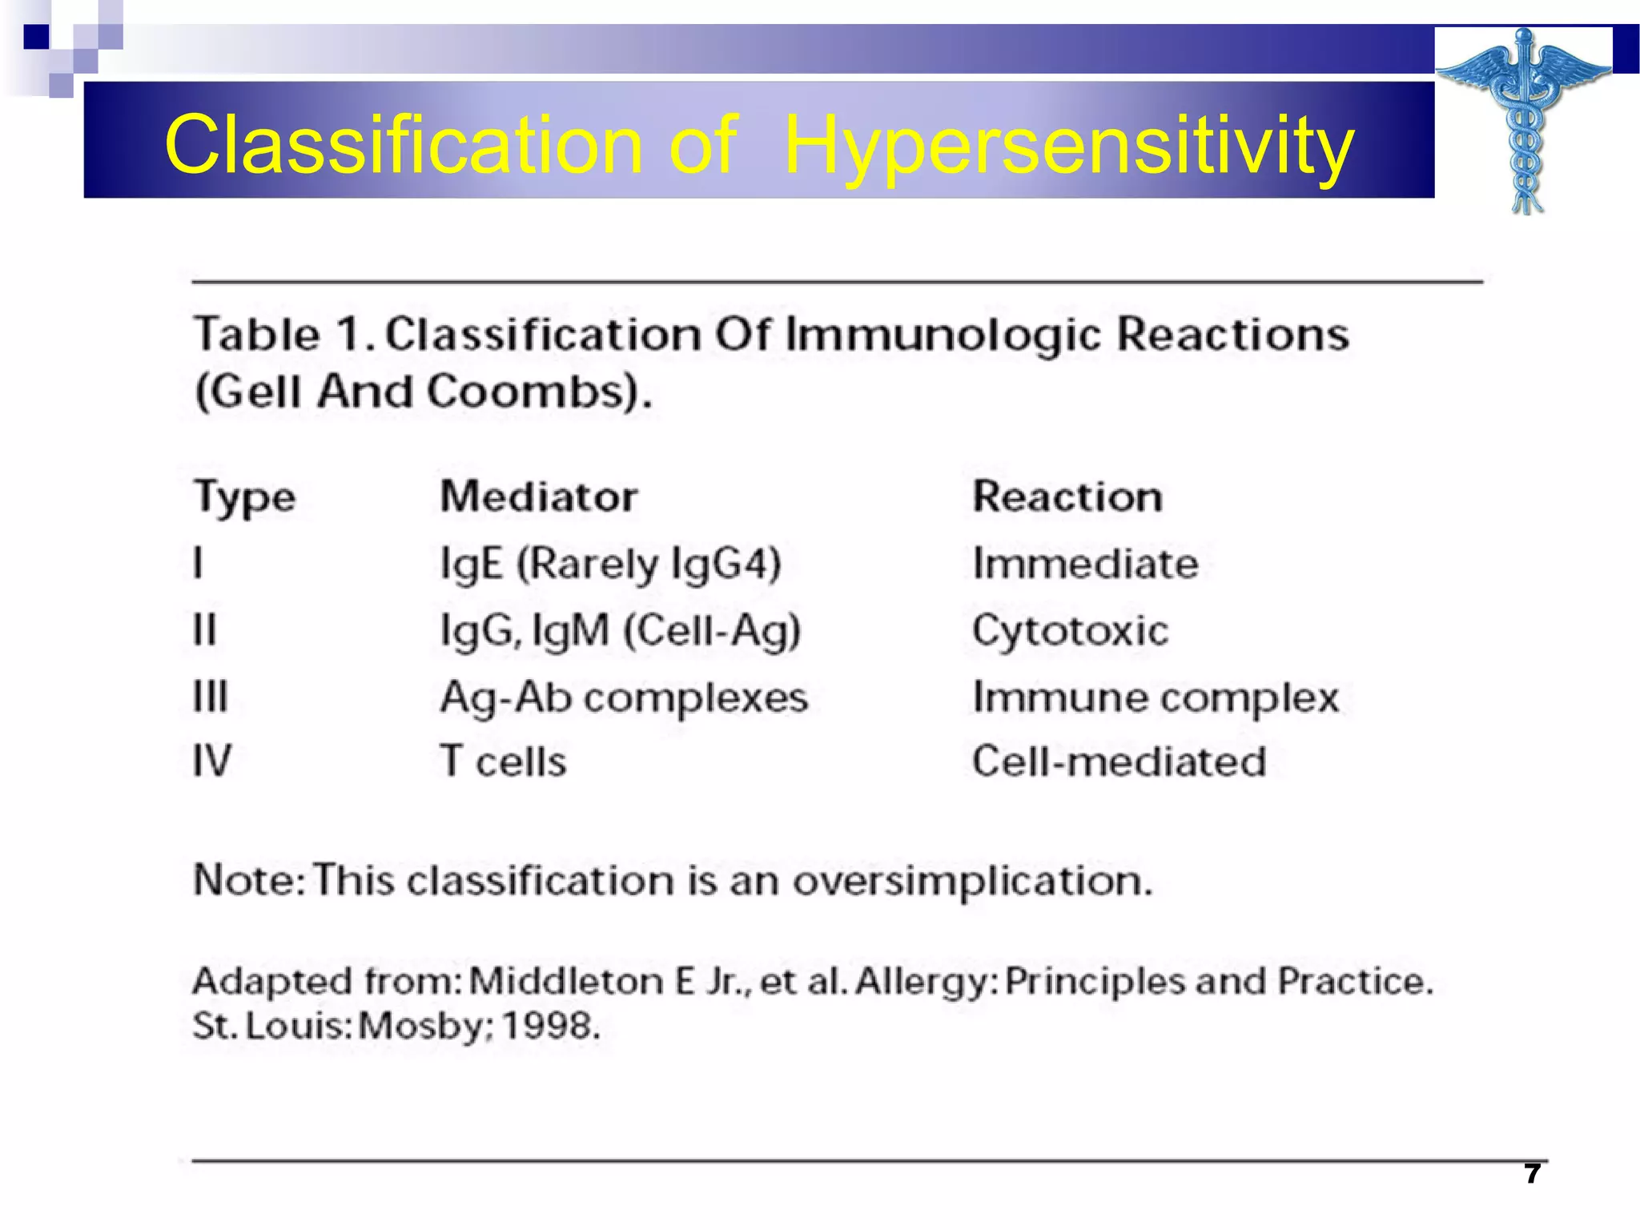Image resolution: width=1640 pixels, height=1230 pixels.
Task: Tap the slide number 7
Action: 1532,1174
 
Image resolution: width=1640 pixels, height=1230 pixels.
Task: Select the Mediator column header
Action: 539,496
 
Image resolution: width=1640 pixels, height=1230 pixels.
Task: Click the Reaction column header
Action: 1067,496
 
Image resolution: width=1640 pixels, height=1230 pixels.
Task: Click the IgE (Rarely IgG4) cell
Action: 610,564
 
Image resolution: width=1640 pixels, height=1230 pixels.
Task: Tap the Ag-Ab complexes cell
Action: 624,697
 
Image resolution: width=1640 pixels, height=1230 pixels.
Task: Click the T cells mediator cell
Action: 504,762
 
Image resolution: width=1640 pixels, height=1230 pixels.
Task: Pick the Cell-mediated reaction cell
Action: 1119,762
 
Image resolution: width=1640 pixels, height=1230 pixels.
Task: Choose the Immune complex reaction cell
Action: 1155,697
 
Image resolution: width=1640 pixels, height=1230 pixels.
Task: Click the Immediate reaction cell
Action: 1085,564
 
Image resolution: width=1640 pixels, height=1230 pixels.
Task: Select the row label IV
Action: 212,761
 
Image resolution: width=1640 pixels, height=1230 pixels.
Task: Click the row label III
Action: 211,696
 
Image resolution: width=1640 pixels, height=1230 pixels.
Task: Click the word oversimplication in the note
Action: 972,881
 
